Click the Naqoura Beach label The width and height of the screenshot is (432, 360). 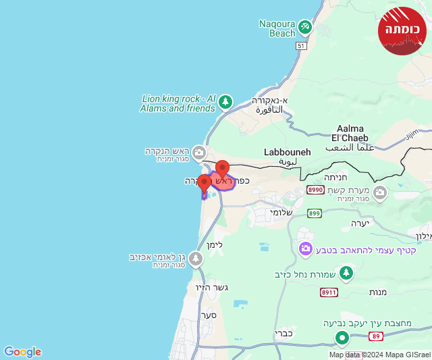point(277,28)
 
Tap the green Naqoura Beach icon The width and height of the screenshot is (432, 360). point(305,27)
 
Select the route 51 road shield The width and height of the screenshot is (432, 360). point(301,46)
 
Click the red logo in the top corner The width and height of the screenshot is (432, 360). point(402,31)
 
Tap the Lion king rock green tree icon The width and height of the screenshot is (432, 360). point(225,102)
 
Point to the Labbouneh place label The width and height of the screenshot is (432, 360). point(288,153)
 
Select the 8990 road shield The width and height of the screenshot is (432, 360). point(315,190)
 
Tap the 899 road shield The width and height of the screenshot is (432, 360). point(314,213)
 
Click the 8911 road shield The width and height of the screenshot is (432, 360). point(329,292)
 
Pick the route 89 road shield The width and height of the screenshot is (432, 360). point(376,336)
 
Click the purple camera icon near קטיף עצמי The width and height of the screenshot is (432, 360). point(306,250)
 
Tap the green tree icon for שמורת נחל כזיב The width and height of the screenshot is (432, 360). point(346,273)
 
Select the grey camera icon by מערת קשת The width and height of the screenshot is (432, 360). point(380,194)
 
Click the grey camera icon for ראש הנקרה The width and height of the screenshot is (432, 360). point(198,153)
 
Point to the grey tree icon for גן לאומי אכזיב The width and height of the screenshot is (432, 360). point(196,259)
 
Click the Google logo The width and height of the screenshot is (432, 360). point(23,352)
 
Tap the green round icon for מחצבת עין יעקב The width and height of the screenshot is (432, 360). point(342,338)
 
